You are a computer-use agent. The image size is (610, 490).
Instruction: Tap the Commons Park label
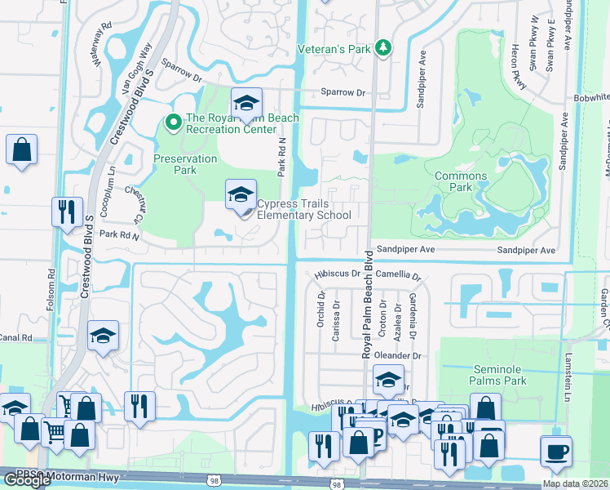461,181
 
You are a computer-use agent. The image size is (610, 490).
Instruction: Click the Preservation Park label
185,164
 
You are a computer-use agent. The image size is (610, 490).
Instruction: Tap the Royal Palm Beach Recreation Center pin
173,123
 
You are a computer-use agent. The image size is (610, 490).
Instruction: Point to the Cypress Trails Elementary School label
303,210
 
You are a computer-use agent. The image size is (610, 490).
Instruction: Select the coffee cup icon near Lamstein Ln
556,451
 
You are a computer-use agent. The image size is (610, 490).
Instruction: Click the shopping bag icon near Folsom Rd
21,150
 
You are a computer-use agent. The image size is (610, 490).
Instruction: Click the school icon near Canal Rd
103,336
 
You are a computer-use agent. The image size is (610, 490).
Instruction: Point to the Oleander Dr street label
400,356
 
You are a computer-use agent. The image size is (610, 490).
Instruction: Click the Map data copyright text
576,483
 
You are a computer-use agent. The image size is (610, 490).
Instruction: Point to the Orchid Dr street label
320,310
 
